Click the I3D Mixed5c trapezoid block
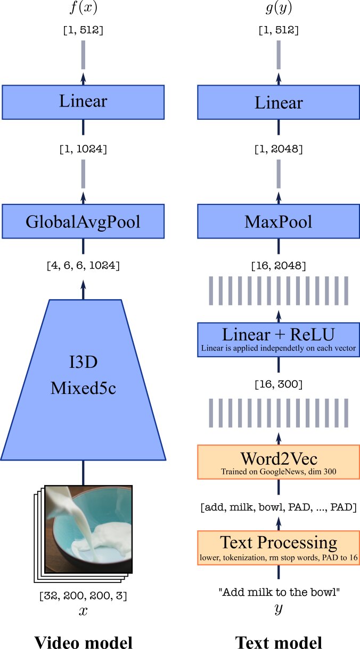[x=83, y=380]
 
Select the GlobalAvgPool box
[x=83, y=221]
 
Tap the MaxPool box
[x=279, y=221]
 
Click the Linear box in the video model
[x=83, y=102]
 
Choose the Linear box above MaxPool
[x=279, y=102]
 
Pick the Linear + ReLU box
[x=279, y=340]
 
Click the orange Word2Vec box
[x=279, y=462]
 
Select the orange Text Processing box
[x=279, y=548]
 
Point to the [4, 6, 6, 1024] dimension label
[x=83, y=265]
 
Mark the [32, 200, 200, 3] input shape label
[x=83, y=596]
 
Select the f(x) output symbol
[x=84, y=7]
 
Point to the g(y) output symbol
[x=279, y=8]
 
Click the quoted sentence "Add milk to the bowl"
[x=279, y=592]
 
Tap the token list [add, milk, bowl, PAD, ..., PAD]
[x=279, y=507]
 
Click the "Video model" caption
[x=84, y=642]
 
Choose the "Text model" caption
[x=279, y=642]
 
